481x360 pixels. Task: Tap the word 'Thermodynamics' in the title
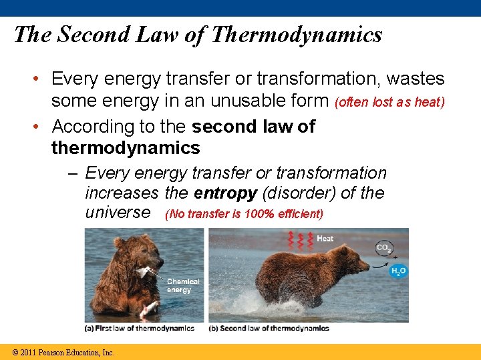[296, 35]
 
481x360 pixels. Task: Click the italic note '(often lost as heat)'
[389, 103]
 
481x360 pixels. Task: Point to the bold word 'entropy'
[225, 193]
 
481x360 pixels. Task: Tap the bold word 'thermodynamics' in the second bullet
[126, 147]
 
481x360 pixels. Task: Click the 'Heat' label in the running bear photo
[325, 239]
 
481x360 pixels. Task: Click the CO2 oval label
[384, 248]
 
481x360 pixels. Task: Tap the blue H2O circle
[399, 270]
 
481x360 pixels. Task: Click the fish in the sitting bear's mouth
[146, 271]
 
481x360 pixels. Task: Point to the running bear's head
[354, 267]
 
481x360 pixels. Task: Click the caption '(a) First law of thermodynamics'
[139, 328]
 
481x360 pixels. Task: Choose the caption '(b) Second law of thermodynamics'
[269, 328]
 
